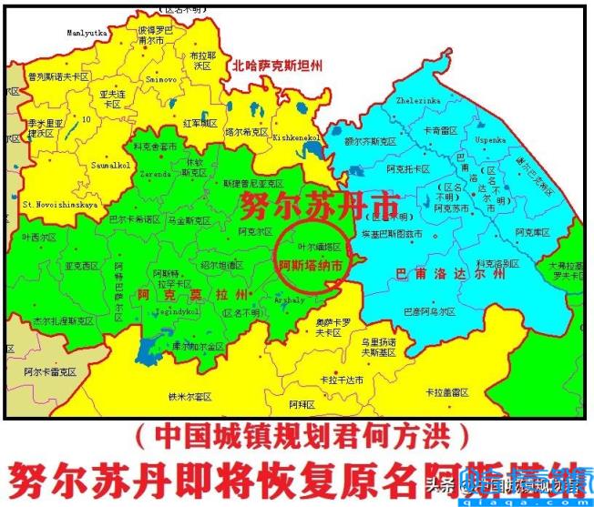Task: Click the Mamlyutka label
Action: (87, 32)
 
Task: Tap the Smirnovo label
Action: (161, 79)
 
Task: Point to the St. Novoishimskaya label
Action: (60, 205)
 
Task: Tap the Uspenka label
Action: (490, 141)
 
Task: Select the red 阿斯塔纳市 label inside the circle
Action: (310, 266)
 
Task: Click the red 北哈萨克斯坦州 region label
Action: (278, 66)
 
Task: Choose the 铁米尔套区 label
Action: (189, 396)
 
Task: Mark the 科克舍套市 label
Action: (155, 145)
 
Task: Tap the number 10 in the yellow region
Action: (86, 118)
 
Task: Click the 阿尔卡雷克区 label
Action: (51, 372)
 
